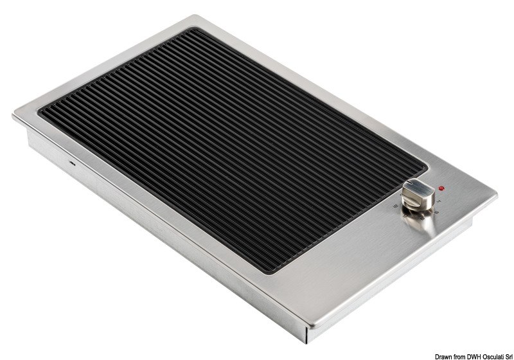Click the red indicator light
pos(440,188)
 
